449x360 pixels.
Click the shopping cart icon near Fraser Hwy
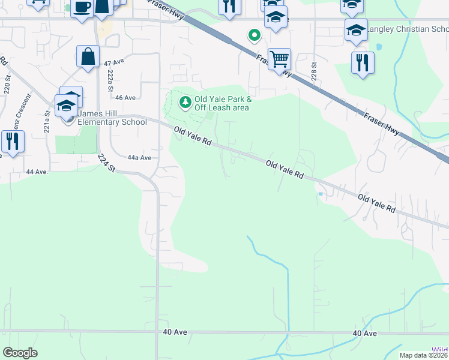(x=279, y=59)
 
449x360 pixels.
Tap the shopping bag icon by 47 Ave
(x=88, y=56)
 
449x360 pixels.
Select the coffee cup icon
(x=82, y=8)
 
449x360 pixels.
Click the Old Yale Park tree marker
(x=185, y=103)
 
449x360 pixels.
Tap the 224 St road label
(x=106, y=163)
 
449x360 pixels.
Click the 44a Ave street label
(x=139, y=158)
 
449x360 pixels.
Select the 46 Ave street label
(x=125, y=98)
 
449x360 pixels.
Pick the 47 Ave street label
(x=114, y=62)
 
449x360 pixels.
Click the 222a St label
(x=110, y=80)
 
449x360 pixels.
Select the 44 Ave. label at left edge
(x=37, y=172)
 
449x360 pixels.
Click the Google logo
(x=20, y=353)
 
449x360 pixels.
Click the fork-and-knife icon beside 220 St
(x=12, y=141)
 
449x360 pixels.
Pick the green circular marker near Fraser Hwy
(x=255, y=35)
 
